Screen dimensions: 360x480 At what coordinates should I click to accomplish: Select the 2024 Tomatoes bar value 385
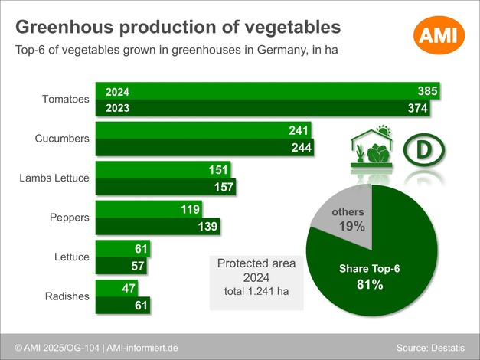coord(426,91)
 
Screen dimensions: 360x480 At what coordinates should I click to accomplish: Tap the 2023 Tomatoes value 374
coord(417,108)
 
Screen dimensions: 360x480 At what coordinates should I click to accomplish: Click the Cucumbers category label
coord(63,139)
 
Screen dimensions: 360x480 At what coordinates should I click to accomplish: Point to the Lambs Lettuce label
coord(54,178)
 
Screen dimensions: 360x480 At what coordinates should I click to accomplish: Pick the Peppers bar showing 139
coord(158,226)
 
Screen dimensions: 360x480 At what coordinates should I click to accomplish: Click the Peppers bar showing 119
coord(149,209)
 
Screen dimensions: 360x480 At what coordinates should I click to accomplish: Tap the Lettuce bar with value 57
coord(122,266)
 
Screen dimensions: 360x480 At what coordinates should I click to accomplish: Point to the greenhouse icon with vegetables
coord(371,147)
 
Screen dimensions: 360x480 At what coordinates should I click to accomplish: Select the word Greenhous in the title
coord(64,28)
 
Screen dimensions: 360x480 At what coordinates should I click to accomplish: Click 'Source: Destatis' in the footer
coord(430,349)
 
